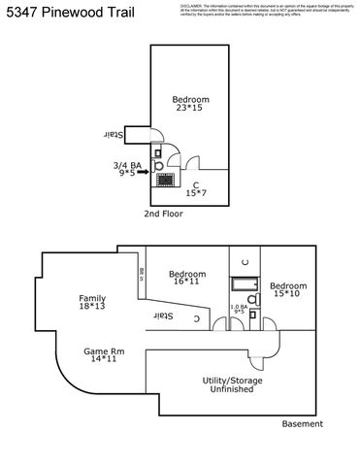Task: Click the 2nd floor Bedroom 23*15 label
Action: coord(191,104)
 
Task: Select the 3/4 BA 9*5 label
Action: coord(127,170)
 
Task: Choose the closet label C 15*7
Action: coord(196,188)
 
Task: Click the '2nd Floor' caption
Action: coord(163,213)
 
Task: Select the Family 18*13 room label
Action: coord(94,303)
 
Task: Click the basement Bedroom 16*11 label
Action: coord(186,279)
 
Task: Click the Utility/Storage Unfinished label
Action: coord(229,384)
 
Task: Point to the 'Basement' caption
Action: coord(302,424)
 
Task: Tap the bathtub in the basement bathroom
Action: coord(243,284)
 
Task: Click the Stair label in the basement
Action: coord(166,316)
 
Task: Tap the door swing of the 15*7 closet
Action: coord(193,163)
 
